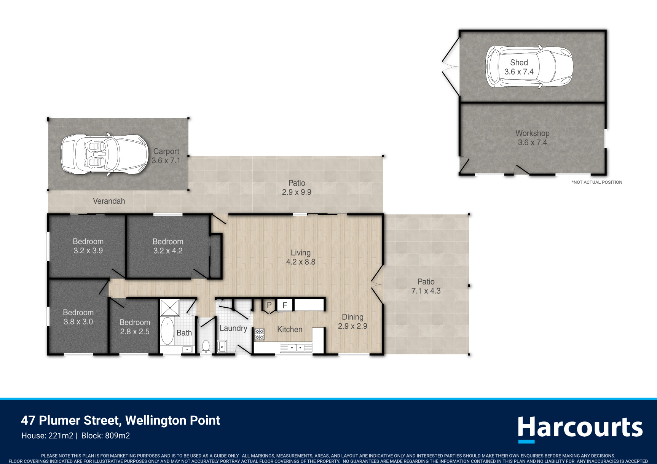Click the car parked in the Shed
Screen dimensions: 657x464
[529, 67]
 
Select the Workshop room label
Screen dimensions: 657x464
[532, 133]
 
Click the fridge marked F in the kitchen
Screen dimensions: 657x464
[284, 305]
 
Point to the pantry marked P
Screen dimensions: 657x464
[269, 305]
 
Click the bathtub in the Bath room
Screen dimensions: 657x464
[167, 331]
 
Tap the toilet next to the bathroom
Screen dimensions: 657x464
[206, 346]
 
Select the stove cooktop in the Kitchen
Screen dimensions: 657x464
[259, 334]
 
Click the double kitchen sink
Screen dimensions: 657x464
[296, 347]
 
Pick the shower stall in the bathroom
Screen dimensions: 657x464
[170, 308]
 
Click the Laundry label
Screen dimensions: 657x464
[233, 328]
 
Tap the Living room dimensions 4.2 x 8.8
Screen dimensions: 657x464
[301, 262]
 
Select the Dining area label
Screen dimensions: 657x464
[352, 317]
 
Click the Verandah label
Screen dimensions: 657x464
[109, 201]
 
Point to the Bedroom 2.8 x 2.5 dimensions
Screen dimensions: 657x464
[135, 331]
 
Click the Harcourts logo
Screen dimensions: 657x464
[580, 429]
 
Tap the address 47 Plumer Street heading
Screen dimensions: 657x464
[121, 420]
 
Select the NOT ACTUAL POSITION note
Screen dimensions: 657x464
[597, 182]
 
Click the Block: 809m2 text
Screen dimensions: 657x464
[106, 435]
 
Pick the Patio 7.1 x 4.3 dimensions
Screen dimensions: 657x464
[426, 291]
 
